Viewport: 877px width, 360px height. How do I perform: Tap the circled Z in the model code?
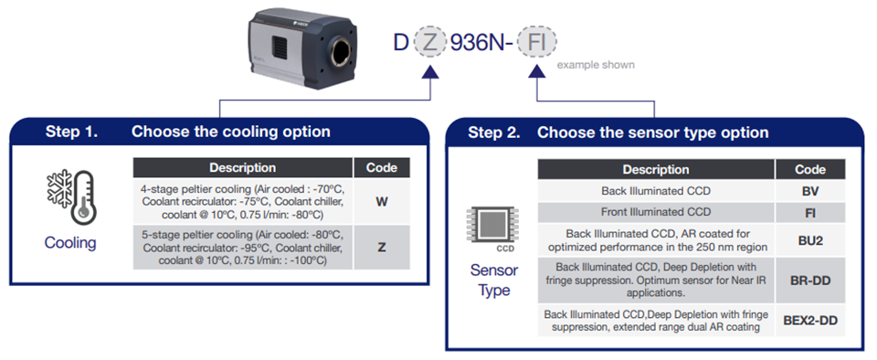[x=429, y=42]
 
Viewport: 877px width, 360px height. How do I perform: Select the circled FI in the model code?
[x=536, y=42]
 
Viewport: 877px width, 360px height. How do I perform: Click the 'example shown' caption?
[x=596, y=65]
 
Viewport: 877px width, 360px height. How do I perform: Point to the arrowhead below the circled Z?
[x=429, y=71]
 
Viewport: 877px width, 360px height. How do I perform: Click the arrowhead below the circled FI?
[x=537, y=71]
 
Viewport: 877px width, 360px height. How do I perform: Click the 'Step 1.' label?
[x=71, y=132]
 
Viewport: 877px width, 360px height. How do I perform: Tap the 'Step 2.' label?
[x=494, y=132]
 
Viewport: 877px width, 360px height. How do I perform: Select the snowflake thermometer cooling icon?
[x=70, y=197]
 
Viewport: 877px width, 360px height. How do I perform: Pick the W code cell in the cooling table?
[x=382, y=201]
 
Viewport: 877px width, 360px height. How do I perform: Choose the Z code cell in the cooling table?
[x=382, y=247]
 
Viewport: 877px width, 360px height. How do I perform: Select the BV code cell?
[x=810, y=191]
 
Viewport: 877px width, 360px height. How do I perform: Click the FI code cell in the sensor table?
[x=810, y=212]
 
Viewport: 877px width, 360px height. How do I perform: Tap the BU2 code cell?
[x=810, y=239]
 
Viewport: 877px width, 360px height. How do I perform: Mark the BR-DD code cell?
[x=810, y=281]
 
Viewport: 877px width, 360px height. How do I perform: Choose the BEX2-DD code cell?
[x=810, y=321]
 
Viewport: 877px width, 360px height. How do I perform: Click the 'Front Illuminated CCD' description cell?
[x=656, y=212]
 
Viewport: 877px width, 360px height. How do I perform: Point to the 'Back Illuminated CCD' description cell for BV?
[x=656, y=191]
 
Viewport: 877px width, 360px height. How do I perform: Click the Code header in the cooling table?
[x=382, y=168]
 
